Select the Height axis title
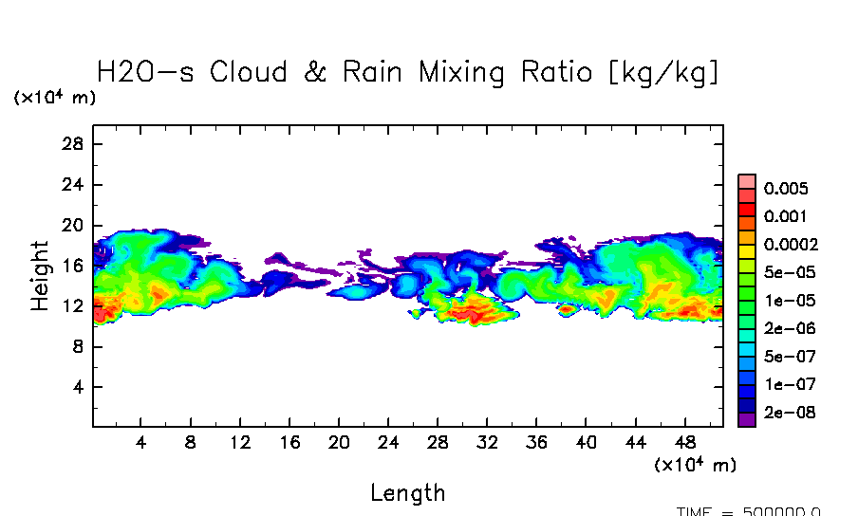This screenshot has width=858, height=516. click(39, 275)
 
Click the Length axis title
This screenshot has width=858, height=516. click(407, 492)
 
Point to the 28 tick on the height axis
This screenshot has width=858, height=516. click(74, 144)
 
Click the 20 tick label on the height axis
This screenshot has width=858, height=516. click(74, 226)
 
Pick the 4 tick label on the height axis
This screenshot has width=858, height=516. click(79, 388)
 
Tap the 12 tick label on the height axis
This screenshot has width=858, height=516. click(74, 306)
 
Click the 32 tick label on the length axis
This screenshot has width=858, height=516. click(487, 442)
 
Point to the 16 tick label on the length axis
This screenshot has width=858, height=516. click(289, 442)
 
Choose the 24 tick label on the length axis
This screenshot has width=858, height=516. click(388, 442)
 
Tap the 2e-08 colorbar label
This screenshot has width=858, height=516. click(790, 414)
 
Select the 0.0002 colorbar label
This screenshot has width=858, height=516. click(790, 245)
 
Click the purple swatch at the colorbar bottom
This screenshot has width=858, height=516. click(747, 417)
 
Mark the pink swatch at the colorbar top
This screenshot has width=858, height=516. click(747, 181)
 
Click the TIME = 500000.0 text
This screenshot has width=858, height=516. click(749, 511)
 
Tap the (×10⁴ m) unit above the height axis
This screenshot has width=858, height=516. click(54, 98)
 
